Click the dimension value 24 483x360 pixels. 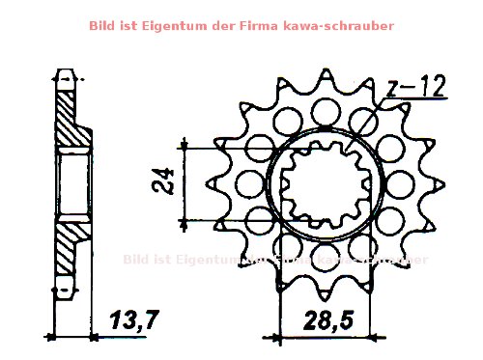165,180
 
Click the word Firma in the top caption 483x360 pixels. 268,26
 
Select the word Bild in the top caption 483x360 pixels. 103,26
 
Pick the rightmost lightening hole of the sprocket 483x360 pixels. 390,184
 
